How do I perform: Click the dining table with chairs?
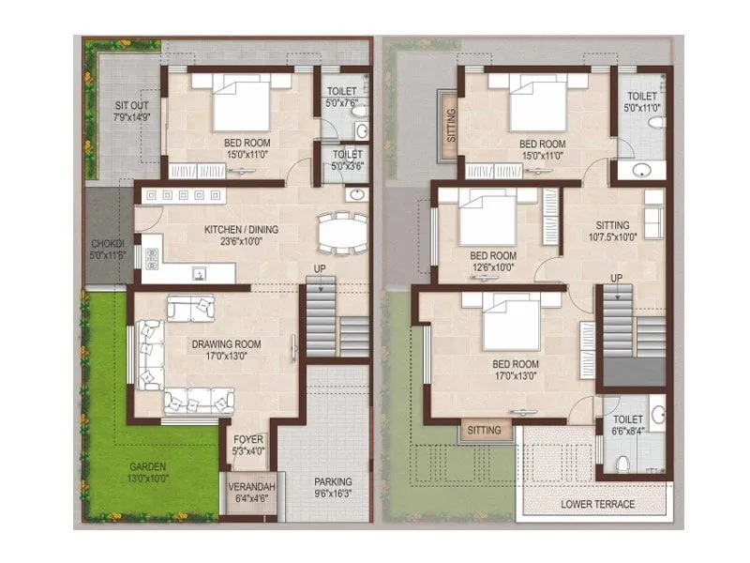click(342, 232)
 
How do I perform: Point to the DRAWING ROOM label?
click(227, 344)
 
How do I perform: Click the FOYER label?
click(248, 439)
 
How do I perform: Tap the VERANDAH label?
click(248, 488)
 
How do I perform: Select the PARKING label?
click(334, 482)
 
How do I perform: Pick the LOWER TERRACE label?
click(597, 504)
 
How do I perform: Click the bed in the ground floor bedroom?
click(240, 103)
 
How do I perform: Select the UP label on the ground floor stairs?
click(320, 269)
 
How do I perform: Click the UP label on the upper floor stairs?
click(616, 277)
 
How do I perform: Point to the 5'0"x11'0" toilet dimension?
click(642, 109)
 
